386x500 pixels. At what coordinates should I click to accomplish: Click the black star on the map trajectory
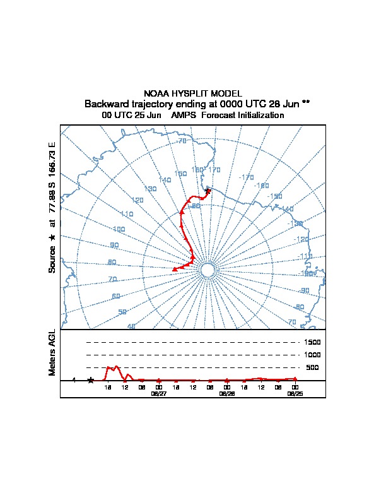click(x=208, y=191)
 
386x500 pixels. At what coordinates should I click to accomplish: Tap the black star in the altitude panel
click(x=90, y=380)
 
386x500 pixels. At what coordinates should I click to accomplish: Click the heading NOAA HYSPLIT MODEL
click(x=193, y=93)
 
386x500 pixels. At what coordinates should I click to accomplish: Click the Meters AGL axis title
click(x=53, y=352)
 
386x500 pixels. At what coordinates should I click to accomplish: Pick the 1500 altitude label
click(x=313, y=342)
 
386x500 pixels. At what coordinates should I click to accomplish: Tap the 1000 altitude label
click(x=313, y=355)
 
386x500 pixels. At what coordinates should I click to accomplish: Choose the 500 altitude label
click(x=313, y=367)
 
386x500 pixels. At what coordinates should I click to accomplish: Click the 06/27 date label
click(x=159, y=393)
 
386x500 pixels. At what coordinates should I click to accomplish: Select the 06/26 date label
click(x=227, y=393)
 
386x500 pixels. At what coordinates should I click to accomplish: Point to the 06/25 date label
click(x=295, y=393)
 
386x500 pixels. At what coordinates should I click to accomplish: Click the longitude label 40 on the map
click(x=131, y=326)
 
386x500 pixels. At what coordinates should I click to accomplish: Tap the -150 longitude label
click(x=275, y=196)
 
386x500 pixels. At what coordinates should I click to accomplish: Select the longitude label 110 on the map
click(x=127, y=215)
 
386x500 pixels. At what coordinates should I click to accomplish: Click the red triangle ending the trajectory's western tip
click(x=175, y=270)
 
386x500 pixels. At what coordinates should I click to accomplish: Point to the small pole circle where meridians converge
click(x=208, y=270)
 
